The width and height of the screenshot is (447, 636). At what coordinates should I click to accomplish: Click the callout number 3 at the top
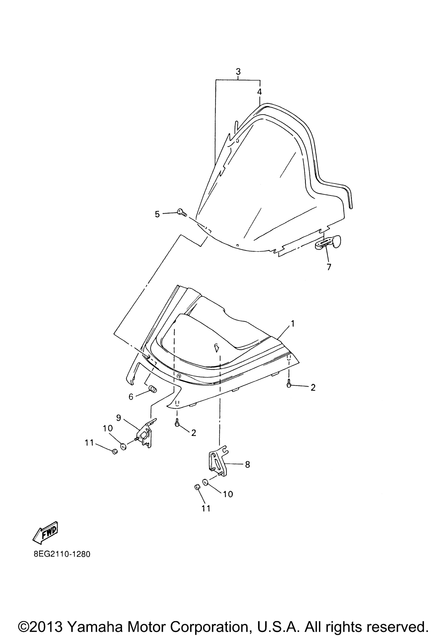click(x=238, y=72)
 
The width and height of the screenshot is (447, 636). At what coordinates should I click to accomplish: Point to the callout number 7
click(x=329, y=267)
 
